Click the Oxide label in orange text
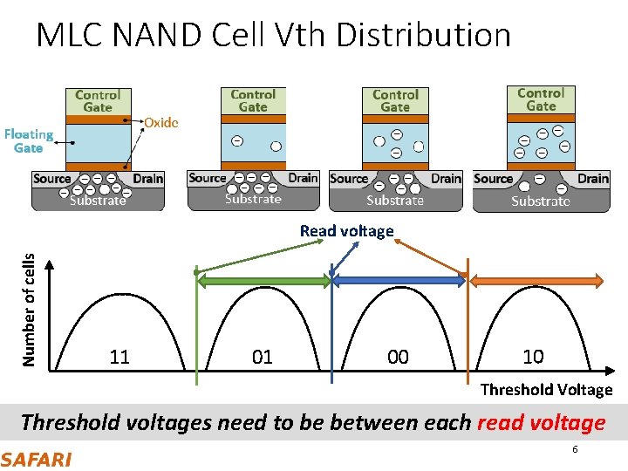(160, 122)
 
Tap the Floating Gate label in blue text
(28, 140)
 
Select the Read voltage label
(346, 231)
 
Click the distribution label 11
(119, 357)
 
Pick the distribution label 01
(262, 357)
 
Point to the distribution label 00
(398, 357)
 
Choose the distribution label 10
(533, 357)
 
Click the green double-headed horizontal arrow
(263, 281)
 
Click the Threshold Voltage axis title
(546, 390)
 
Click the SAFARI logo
(36, 459)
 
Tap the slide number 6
(575, 449)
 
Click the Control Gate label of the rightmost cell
(541, 99)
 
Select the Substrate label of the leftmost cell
(98, 201)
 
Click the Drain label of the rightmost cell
(593, 178)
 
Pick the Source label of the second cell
(208, 178)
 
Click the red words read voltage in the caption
(541, 423)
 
